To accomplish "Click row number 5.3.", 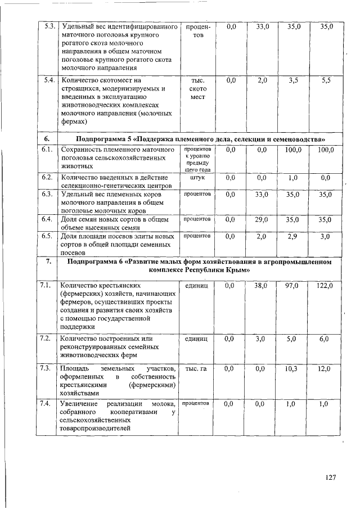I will click(x=48, y=26).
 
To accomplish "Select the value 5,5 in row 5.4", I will click(x=326, y=80).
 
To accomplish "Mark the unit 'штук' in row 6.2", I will click(x=195, y=177).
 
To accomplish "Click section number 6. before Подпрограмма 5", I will click(x=47, y=138).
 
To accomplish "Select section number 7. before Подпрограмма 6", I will click(x=48, y=262).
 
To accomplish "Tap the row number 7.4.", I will click(x=48, y=404).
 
